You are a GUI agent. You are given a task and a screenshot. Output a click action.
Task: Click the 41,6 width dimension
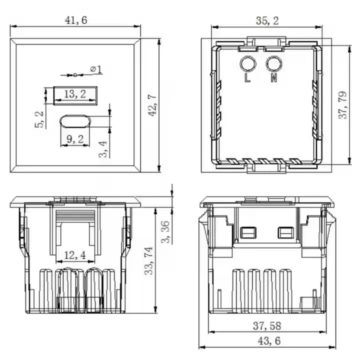[74, 21]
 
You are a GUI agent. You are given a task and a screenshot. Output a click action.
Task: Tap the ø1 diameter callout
[96, 69]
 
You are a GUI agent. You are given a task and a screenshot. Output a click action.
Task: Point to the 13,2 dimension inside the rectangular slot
[75, 94]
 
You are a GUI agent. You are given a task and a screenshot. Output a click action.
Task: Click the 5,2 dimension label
[39, 119]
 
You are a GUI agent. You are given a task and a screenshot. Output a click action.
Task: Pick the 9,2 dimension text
[74, 140]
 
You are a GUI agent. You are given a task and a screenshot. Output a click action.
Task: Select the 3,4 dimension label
[102, 149]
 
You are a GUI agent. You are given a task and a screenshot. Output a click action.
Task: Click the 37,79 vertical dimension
[342, 104]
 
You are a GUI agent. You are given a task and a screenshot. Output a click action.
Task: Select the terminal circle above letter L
[247, 64]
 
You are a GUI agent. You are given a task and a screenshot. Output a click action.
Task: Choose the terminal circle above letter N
[273, 64]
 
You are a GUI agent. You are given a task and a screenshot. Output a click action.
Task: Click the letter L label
[247, 78]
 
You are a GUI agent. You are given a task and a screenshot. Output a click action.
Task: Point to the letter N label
[273, 78]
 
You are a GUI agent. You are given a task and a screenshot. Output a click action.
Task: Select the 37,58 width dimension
[266, 326]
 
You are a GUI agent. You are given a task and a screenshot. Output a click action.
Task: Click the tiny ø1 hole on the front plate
[75, 75]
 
